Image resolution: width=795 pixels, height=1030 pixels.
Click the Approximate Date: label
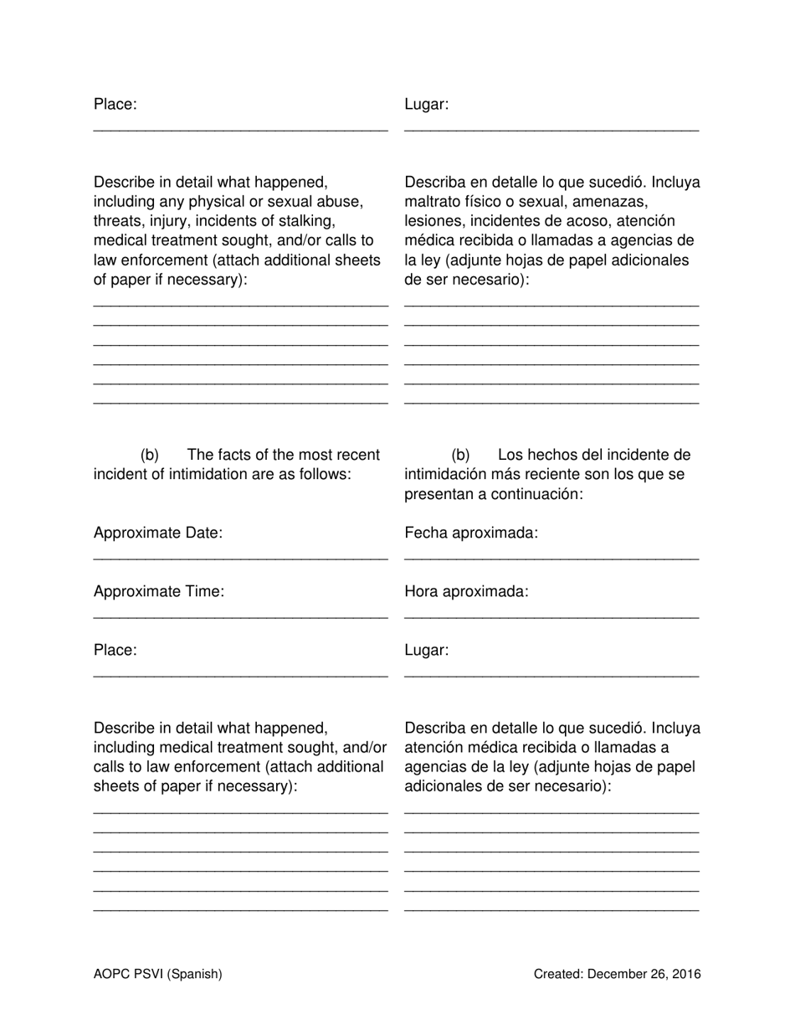coord(158,533)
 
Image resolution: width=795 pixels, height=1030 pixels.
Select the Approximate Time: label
coord(159,592)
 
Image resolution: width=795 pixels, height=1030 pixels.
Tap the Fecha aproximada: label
coord(471,533)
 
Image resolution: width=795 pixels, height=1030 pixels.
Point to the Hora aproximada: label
coord(466,592)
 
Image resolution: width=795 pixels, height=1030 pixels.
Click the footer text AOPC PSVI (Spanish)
coord(158,974)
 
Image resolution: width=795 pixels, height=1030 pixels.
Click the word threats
coord(118,221)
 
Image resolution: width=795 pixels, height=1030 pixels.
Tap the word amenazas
coord(612,202)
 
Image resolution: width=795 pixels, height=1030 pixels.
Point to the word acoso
coord(587,221)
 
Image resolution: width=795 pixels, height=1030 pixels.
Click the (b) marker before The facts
coord(150,456)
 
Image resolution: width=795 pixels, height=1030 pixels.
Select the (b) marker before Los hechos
coord(461,456)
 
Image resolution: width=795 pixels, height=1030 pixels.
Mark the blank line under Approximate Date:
coord(240,558)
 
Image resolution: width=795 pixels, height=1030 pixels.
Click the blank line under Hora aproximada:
coord(551,616)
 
